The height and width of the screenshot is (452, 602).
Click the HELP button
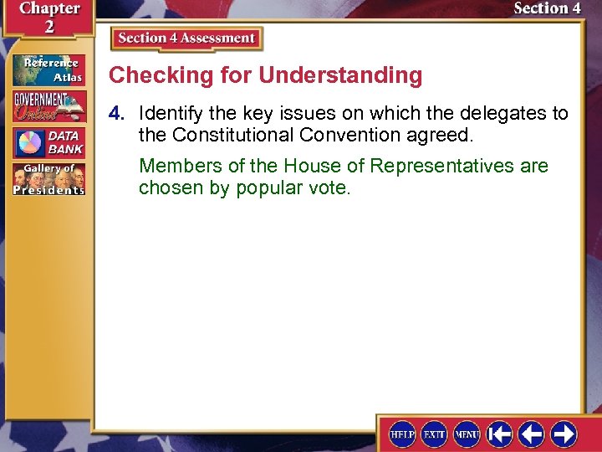403,434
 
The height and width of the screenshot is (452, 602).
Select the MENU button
467,434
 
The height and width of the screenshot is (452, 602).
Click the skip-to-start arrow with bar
500,434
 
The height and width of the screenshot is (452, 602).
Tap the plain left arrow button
531,434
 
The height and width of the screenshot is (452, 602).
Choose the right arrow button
563,434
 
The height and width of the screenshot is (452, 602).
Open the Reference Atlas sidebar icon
48,70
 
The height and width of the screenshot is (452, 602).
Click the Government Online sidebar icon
48,106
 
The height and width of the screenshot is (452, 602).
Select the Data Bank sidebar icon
48,142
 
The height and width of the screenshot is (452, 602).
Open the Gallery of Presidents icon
48,179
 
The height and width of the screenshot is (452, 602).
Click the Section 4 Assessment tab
186,39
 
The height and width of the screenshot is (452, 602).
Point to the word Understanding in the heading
340,75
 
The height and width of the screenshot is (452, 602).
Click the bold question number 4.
120,113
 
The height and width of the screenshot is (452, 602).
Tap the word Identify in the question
166,113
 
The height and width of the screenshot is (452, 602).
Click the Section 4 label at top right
547,8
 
